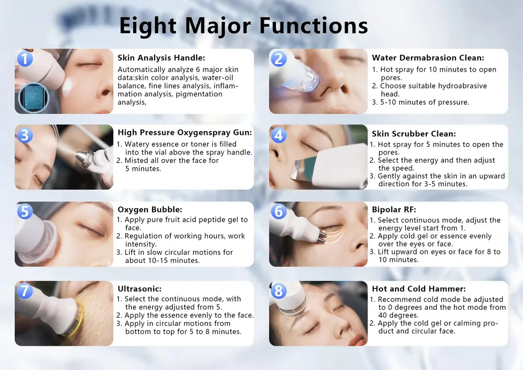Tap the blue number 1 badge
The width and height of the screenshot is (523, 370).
pos(25,59)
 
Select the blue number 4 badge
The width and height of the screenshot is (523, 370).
pos(279,135)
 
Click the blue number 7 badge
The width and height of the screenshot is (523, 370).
pos(25,290)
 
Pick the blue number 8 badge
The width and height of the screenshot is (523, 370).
pos(279,290)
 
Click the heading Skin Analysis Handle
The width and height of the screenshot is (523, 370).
pos(161,58)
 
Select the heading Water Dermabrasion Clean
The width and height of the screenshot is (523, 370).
pos(428,58)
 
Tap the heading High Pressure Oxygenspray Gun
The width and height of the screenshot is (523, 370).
pos(185,132)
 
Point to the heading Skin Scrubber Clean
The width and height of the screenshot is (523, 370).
pos(413,134)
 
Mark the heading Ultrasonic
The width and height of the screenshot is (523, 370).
pos(139,288)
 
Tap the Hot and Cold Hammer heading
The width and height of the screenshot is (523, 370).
pos(418,288)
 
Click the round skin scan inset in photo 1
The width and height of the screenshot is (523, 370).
pos(34,98)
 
